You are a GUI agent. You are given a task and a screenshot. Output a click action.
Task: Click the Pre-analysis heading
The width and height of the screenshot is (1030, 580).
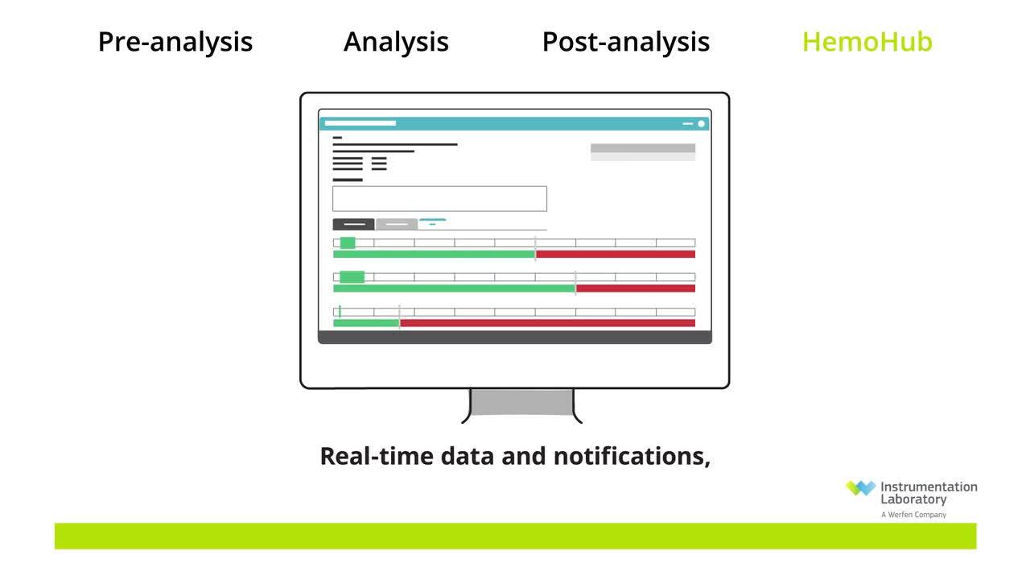coord(175,43)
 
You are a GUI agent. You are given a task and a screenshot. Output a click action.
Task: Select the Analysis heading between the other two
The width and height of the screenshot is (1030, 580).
coord(396,43)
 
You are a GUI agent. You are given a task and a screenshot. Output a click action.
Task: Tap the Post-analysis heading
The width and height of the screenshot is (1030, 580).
coord(626,43)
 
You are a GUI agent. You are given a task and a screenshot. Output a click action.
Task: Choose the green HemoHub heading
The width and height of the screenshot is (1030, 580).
coord(867,42)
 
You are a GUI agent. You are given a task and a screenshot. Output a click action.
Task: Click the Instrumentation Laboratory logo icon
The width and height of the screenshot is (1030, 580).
coord(860,488)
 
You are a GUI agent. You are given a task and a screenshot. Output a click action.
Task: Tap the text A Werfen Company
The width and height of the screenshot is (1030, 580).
coord(913,515)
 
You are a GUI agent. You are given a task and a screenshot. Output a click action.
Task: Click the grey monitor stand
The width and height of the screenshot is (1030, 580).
coord(522,402)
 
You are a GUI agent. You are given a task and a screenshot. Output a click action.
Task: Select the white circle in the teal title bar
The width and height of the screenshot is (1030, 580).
coord(701,123)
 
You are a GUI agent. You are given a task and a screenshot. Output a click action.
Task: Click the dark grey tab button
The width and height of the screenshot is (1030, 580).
coord(353,224)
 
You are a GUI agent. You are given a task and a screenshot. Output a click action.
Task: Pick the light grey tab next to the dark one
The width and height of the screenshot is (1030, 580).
coord(397,224)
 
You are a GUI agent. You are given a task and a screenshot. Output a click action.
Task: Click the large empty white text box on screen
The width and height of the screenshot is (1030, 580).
coord(439,199)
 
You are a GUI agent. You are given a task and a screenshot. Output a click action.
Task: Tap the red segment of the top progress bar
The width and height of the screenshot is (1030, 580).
coord(616,254)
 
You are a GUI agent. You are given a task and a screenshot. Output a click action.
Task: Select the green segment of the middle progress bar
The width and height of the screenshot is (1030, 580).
coord(454,288)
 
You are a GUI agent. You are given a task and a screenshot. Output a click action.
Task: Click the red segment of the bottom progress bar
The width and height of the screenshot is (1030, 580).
coord(547,323)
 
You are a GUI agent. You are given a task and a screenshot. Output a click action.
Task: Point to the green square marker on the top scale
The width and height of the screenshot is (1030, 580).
coord(348,242)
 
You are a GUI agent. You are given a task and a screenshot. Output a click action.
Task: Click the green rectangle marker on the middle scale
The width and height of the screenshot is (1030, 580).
coord(352,276)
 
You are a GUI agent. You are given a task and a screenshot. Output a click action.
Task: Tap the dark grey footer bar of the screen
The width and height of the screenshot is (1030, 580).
coord(515,338)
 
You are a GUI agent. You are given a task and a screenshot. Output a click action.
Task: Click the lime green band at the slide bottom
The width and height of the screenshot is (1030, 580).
coord(516,536)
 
